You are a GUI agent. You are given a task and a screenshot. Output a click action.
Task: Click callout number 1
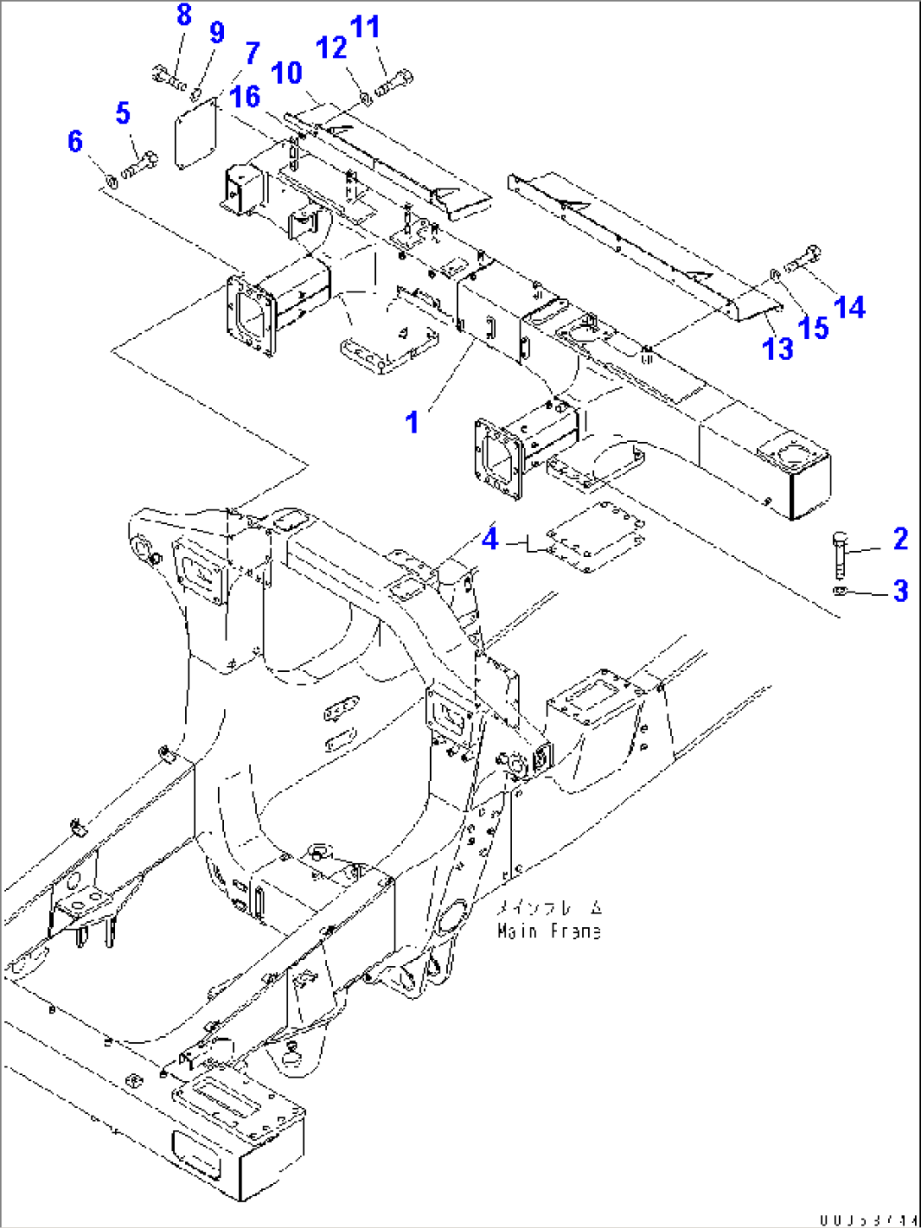tap(412, 421)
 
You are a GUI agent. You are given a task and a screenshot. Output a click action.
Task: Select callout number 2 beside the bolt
tap(900, 538)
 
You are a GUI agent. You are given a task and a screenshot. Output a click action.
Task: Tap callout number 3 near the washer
tap(901, 591)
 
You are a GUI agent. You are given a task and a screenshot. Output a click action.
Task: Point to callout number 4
tap(490, 538)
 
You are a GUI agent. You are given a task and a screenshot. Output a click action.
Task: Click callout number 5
tap(123, 112)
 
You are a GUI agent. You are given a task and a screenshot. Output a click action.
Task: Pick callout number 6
tap(75, 140)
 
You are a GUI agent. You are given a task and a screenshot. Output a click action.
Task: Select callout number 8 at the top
tap(183, 14)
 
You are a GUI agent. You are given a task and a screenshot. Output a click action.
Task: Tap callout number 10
tap(287, 73)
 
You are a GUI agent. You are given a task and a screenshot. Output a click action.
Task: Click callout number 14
tap(849, 307)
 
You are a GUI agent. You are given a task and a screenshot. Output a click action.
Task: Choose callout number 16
tap(245, 96)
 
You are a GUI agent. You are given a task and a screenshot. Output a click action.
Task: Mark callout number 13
tap(778, 347)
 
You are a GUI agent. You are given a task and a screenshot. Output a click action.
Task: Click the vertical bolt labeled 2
tap(839, 554)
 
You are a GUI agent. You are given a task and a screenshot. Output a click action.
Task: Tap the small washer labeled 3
tap(838, 591)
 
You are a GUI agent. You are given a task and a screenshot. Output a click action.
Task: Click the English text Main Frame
tap(549, 931)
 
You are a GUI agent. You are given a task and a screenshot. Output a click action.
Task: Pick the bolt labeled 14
tap(803, 259)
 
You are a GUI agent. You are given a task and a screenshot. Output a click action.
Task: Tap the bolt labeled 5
tap(140, 165)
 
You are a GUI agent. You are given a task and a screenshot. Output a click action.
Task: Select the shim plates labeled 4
tap(597, 538)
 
